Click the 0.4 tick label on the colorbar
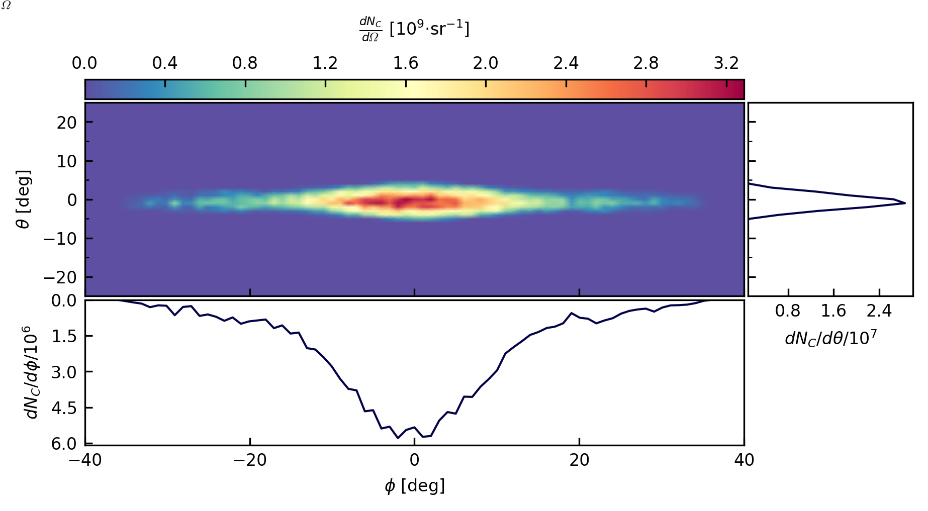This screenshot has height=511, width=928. (x=164, y=63)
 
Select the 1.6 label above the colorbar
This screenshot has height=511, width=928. (x=405, y=63)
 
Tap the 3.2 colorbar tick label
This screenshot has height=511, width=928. (x=726, y=63)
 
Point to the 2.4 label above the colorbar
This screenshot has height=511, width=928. (x=566, y=63)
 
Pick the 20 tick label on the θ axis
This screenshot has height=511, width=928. (x=66, y=122)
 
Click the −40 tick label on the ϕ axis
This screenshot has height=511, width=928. (x=85, y=460)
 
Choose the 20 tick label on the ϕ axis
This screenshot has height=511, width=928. (x=579, y=460)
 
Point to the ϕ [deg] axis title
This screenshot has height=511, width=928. (x=414, y=486)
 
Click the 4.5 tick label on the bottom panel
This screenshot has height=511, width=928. (x=64, y=408)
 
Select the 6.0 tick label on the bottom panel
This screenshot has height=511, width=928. (x=64, y=444)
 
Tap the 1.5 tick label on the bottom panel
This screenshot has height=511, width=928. (x=64, y=336)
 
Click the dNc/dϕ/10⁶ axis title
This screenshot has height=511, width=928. (x=31, y=372)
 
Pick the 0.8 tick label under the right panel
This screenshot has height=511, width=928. (x=787, y=311)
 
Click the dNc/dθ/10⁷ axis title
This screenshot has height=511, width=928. (x=830, y=338)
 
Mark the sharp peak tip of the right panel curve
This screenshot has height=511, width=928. (x=905, y=203)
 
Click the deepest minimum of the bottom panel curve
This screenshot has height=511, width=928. (x=398, y=438)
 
